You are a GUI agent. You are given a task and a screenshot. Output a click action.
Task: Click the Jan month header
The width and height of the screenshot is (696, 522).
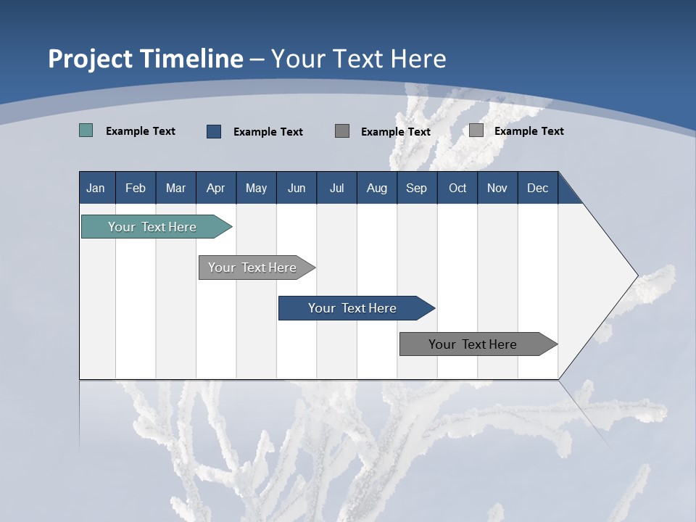pos(96,188)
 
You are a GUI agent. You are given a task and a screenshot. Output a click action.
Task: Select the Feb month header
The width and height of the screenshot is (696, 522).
pos(136,188)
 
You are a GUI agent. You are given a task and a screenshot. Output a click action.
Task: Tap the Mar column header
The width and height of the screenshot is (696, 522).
pos(175,188)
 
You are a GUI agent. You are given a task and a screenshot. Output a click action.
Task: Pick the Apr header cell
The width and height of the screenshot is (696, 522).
pos(216,188)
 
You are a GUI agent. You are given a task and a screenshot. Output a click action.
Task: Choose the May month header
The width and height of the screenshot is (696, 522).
pos(256,188)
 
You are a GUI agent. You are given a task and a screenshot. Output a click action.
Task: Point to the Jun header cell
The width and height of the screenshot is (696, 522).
pos(297,188)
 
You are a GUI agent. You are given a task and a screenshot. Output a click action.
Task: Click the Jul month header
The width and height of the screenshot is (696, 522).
pos(336,188)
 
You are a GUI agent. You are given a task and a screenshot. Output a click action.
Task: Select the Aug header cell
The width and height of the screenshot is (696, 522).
pos(377,188)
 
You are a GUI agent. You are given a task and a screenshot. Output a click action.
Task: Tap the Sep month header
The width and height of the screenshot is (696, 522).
pos(417,188)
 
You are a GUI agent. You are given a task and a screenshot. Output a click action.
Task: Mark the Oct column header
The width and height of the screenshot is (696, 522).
pos(457,188)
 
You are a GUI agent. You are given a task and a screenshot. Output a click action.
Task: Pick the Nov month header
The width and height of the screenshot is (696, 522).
pos(497,188)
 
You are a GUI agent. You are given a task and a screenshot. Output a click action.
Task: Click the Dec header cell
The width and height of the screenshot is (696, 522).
pos(537,188)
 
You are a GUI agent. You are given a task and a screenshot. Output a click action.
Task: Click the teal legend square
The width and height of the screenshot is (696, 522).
pos(86,130)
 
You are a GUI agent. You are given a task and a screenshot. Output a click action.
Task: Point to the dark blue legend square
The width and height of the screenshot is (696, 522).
pos(214,131)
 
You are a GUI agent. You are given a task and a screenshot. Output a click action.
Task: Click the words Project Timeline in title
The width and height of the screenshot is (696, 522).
pos(146,59)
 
